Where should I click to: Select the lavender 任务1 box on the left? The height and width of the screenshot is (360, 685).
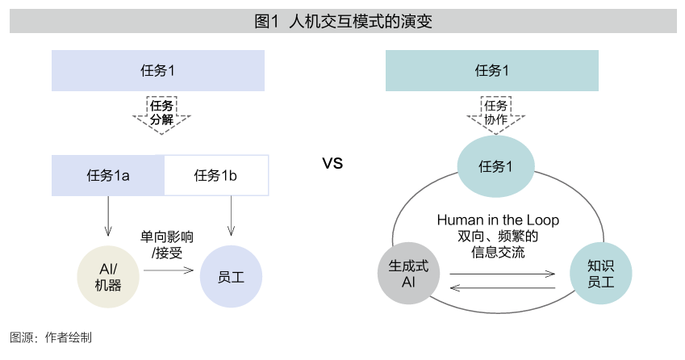tap(158, 70)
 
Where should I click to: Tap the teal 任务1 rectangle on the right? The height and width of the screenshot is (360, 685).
tap(492, 70)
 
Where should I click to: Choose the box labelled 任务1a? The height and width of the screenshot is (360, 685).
tap(108, 175)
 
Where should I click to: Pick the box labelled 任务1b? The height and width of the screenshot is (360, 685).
tap(216, 175)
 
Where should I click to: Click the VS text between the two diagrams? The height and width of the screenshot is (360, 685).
tap(332, 164)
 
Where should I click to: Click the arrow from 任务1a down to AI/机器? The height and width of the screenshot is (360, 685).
tap(107, 216)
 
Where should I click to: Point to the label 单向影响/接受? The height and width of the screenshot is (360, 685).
tap(167, 245)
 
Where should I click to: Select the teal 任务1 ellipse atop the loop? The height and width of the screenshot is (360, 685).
tap(495, 166)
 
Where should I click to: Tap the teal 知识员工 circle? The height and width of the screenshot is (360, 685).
tap(600, 273)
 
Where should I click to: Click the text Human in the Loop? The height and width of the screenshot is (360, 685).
tap(498, 220)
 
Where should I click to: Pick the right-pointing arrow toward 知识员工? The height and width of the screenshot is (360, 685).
tap(503, 274)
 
